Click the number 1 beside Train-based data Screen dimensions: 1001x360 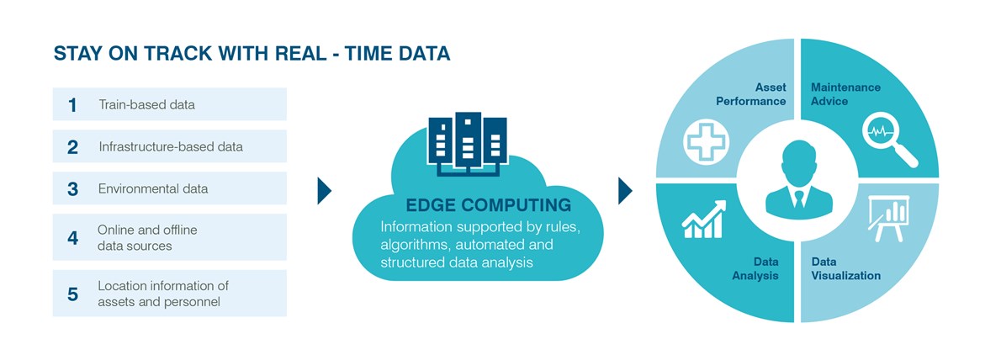(x=73, y=104)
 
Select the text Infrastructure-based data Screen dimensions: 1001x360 (x=171, y=147)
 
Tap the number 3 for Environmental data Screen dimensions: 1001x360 (x=73, y=189)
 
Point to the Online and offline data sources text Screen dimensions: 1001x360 (x=147, y=237)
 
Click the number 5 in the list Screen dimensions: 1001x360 (x=73, y=294)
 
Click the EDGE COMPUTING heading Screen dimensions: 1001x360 (x=489, y=205)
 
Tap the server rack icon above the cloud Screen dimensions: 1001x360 (x=468, y=144)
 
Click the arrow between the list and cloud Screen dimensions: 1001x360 (x=325, y=190)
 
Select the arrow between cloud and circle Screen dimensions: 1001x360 (x=625, y=190)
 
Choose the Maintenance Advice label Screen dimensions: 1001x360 (x=845, y=94)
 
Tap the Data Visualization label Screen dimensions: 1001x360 (x=846, y=268)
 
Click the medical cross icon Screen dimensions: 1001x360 (x=706, y=140)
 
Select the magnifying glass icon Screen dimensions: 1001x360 (x=889, y=139)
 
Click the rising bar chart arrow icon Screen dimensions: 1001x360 (x=704, y=219)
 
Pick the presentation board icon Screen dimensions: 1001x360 (x=888, y=219)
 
